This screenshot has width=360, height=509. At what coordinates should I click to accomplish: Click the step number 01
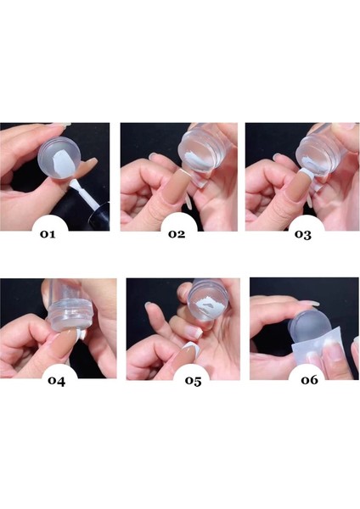coord(48,234)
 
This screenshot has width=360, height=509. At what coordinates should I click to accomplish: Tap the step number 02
coord(177,234)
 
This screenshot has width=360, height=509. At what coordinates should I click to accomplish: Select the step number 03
coord(303,234)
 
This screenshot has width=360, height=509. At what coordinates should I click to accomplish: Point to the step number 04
coord(57,380)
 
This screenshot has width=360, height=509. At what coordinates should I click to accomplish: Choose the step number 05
coord(194,380)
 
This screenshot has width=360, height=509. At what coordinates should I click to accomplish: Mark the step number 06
coord(309,379)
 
